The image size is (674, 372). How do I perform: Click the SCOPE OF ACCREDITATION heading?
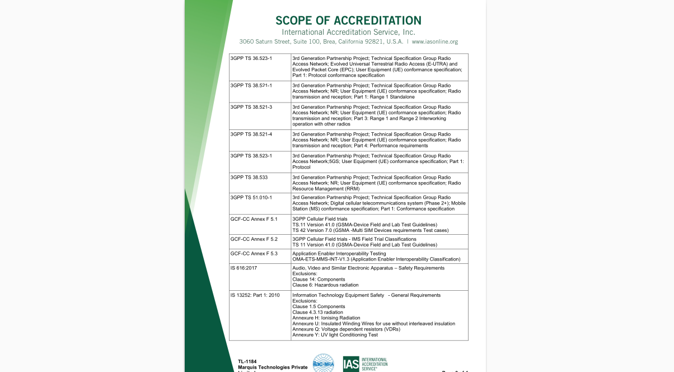(x=348, y=21)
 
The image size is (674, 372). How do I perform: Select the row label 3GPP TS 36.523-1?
(x=251, y=58)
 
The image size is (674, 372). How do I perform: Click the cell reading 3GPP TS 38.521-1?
(x=251, y=85)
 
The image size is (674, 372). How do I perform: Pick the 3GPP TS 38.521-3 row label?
(x=251, y=107)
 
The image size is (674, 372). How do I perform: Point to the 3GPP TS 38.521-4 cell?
(x=251, y=134)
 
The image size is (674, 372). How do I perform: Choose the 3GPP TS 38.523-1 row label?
(x=251, y=156)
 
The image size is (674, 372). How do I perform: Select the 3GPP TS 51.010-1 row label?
(x=251, y=197)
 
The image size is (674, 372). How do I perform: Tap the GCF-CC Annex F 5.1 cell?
(x=254, y=219)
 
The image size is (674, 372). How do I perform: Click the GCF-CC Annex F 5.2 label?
(x=254, y=239)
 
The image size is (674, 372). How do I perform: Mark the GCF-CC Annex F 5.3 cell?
(x=254, y=254)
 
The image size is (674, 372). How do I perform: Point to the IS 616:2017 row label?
(x=244, y=268)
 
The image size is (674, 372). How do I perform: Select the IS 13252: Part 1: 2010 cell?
(x=255, y=295)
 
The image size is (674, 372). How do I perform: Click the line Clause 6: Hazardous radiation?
(x=325, y=285)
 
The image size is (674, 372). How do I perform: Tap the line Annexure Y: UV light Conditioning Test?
(x=335, y=335)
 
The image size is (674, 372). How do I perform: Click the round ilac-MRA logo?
(x=323, y=363)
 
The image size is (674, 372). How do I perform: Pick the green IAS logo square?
(x=351, y=364)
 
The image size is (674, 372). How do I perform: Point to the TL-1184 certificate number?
(x=247, y=361)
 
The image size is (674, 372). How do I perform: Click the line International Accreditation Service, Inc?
(x=348, y=32)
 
